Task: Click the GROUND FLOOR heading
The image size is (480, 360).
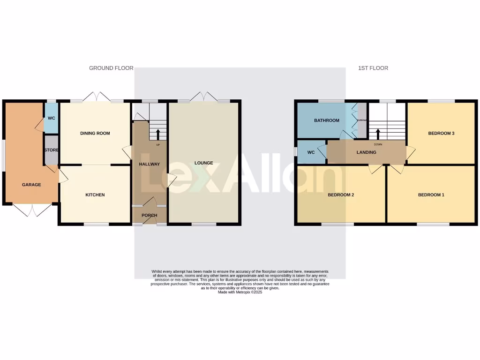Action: [111, 68]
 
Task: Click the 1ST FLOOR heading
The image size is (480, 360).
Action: [373, 68]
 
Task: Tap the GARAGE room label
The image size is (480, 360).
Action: [31, 185]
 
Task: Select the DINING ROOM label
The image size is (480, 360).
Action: [95, 134]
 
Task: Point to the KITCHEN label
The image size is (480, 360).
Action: [95, 195]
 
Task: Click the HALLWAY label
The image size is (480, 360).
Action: [150, 164]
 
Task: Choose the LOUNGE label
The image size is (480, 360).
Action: [204, 163]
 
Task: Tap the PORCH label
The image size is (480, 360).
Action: [150, 216]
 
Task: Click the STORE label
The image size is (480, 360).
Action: [51, 150]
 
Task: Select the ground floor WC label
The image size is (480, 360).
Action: [51, 118]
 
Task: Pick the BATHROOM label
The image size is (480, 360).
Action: [326, 120]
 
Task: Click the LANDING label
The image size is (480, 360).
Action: [366, 152]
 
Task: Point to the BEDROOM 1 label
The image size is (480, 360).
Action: [431, 195]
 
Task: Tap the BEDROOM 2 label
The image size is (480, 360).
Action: [340, 195]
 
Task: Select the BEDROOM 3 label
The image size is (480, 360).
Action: [441, 134]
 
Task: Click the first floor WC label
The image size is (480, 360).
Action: [310, 152]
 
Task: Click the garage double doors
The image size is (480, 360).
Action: [32, 210]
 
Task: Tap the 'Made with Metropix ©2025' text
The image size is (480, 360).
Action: [240, 292]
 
